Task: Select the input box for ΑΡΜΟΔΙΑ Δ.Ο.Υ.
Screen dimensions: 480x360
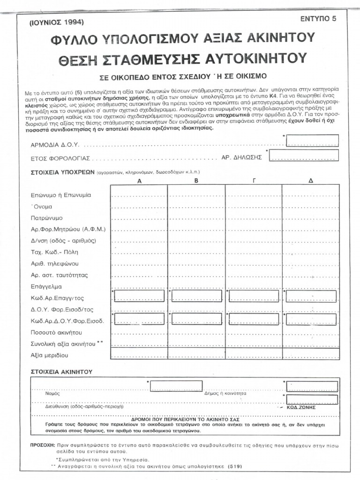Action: coord(312,140)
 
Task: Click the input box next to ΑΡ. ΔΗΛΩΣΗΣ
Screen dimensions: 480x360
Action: coord(304,155)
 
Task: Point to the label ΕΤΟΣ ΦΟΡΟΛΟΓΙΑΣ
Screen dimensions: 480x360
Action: coord(60,158)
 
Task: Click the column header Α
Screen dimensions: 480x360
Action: coord(139,180)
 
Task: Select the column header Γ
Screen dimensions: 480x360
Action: coord(254,180)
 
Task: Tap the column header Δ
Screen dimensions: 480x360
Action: coord(310,180)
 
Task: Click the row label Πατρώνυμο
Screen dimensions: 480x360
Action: coord(47,218)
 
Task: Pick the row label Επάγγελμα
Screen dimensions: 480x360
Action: coord(46,286)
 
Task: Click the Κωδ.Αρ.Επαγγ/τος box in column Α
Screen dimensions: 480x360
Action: coord(139,296)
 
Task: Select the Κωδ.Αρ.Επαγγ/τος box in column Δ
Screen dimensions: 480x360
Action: coord(311,296)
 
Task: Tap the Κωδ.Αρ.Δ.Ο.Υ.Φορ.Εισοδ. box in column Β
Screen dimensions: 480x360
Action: coord(196,319)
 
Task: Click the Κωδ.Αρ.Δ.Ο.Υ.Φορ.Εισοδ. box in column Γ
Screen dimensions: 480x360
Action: coord(254,319)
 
